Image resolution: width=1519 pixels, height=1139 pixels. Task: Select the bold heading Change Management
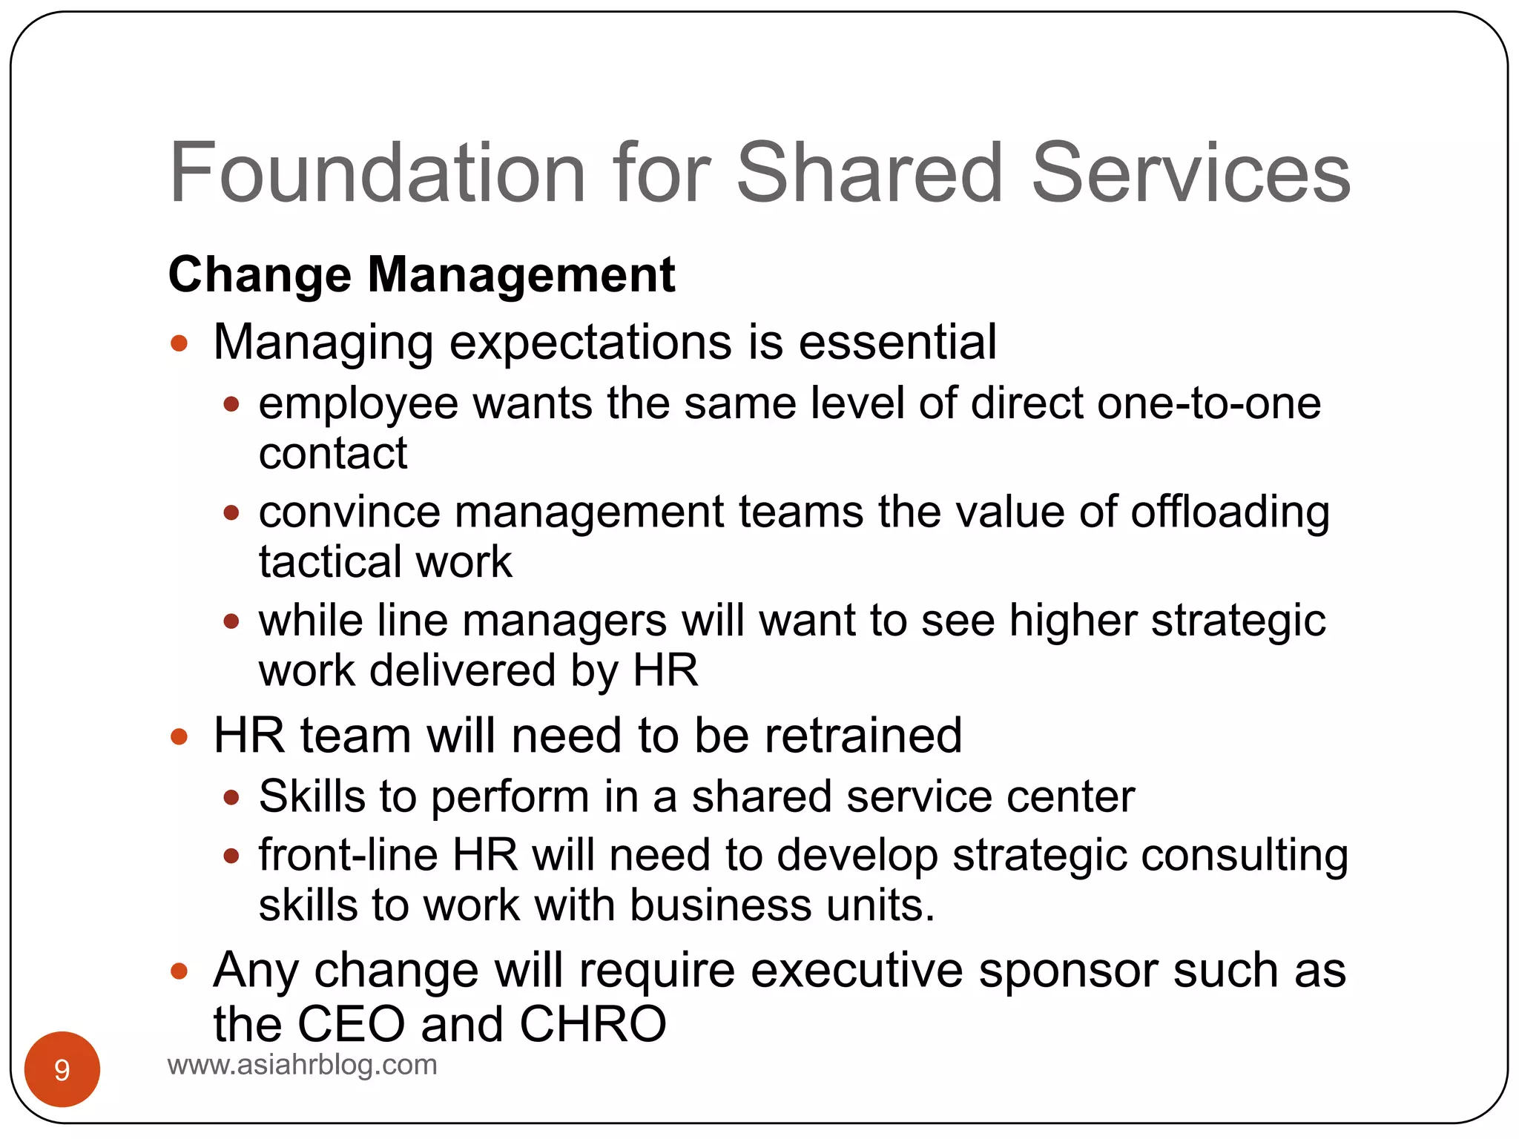[x=421, y=274]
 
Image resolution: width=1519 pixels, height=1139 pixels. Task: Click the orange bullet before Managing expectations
[x=179, y=343]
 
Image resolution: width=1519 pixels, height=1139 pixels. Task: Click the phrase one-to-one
[x=1209, y=404]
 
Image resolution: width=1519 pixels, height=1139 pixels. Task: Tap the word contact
[x=333, y=453]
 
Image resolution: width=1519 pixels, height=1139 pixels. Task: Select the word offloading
[x=1230, y=512]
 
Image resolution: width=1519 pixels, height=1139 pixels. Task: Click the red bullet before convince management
[x=231, y=512]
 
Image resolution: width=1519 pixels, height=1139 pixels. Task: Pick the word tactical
[x=329, y=561]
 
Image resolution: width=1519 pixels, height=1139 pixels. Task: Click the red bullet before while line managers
[x=231, y=621]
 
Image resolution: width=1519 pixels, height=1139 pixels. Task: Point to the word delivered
[x=462, y=670]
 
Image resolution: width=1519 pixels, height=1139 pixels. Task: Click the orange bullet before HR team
[x=179, y=736]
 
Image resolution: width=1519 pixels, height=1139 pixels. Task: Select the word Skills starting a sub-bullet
[x=312, y=796]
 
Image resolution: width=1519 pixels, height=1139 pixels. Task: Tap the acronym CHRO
[x=593, y=1024]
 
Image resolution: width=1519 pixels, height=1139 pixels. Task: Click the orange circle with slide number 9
[x=62, y=1069]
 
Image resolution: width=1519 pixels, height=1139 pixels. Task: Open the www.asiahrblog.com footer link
[x=303, y=1065]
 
